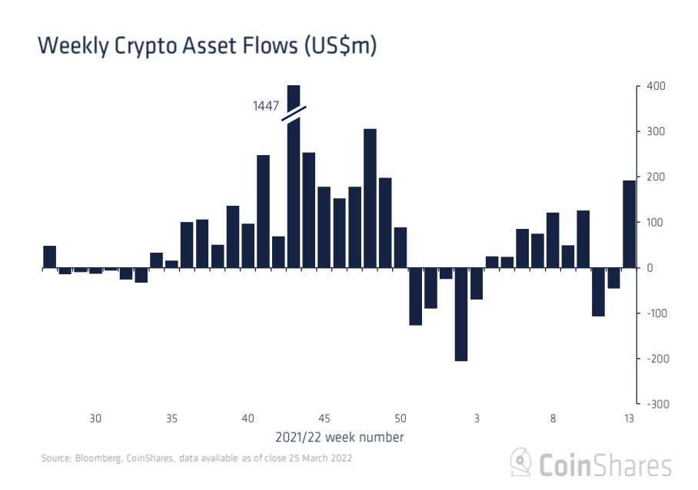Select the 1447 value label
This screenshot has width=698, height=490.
(266, 106)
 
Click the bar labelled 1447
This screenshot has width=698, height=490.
(293, 177)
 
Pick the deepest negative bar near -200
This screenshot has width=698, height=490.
(461, 314)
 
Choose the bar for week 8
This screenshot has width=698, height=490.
(553, 240)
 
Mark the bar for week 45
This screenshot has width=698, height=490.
(324, 227)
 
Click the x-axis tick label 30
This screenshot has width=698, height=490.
(95, 419)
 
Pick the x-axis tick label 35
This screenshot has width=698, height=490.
(171, 419)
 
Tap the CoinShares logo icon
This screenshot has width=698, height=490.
(520, 463)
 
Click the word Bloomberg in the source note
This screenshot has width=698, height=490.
(95, 459)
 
